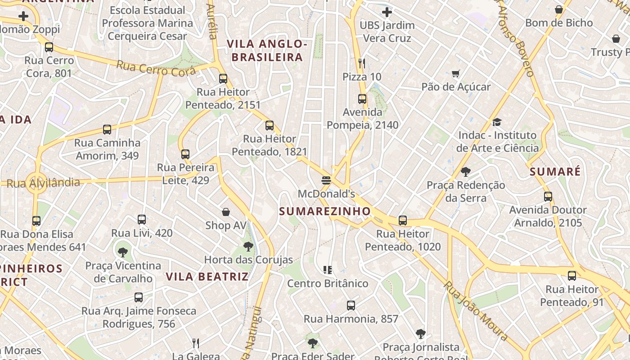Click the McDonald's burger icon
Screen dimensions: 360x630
[x=326, y=180]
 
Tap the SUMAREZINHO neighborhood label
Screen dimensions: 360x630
[x=325, y=211]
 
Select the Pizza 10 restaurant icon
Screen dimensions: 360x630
[x=362, y=63]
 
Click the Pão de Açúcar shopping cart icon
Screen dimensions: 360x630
[x=456, y=73]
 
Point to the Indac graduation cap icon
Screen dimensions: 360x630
[x=497, y=122]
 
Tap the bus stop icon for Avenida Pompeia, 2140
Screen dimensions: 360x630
[x=362, y=99]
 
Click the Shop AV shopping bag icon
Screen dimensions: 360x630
[x=226, y=212]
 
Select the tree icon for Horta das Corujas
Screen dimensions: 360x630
[x=248, y=247]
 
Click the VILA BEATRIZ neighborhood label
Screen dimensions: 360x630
[x=207, y=276]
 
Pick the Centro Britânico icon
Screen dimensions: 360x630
[x=328, y=270]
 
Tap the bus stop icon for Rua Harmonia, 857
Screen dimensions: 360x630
[x=351, y=306]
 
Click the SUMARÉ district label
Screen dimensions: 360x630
[x=555, y=171]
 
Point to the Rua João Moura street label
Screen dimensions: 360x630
[x=476, y=310]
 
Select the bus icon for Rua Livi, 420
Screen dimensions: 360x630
[x=142, y=220]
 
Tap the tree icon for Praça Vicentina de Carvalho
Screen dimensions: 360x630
[x=122, y=252]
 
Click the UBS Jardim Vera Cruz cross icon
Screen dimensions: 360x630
[x=387, y=12]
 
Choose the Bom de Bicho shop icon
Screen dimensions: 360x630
[x=559, y=9]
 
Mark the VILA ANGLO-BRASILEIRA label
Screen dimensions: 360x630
[x=267, y=50]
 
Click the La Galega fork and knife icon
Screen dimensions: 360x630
[x=196, y=343]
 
